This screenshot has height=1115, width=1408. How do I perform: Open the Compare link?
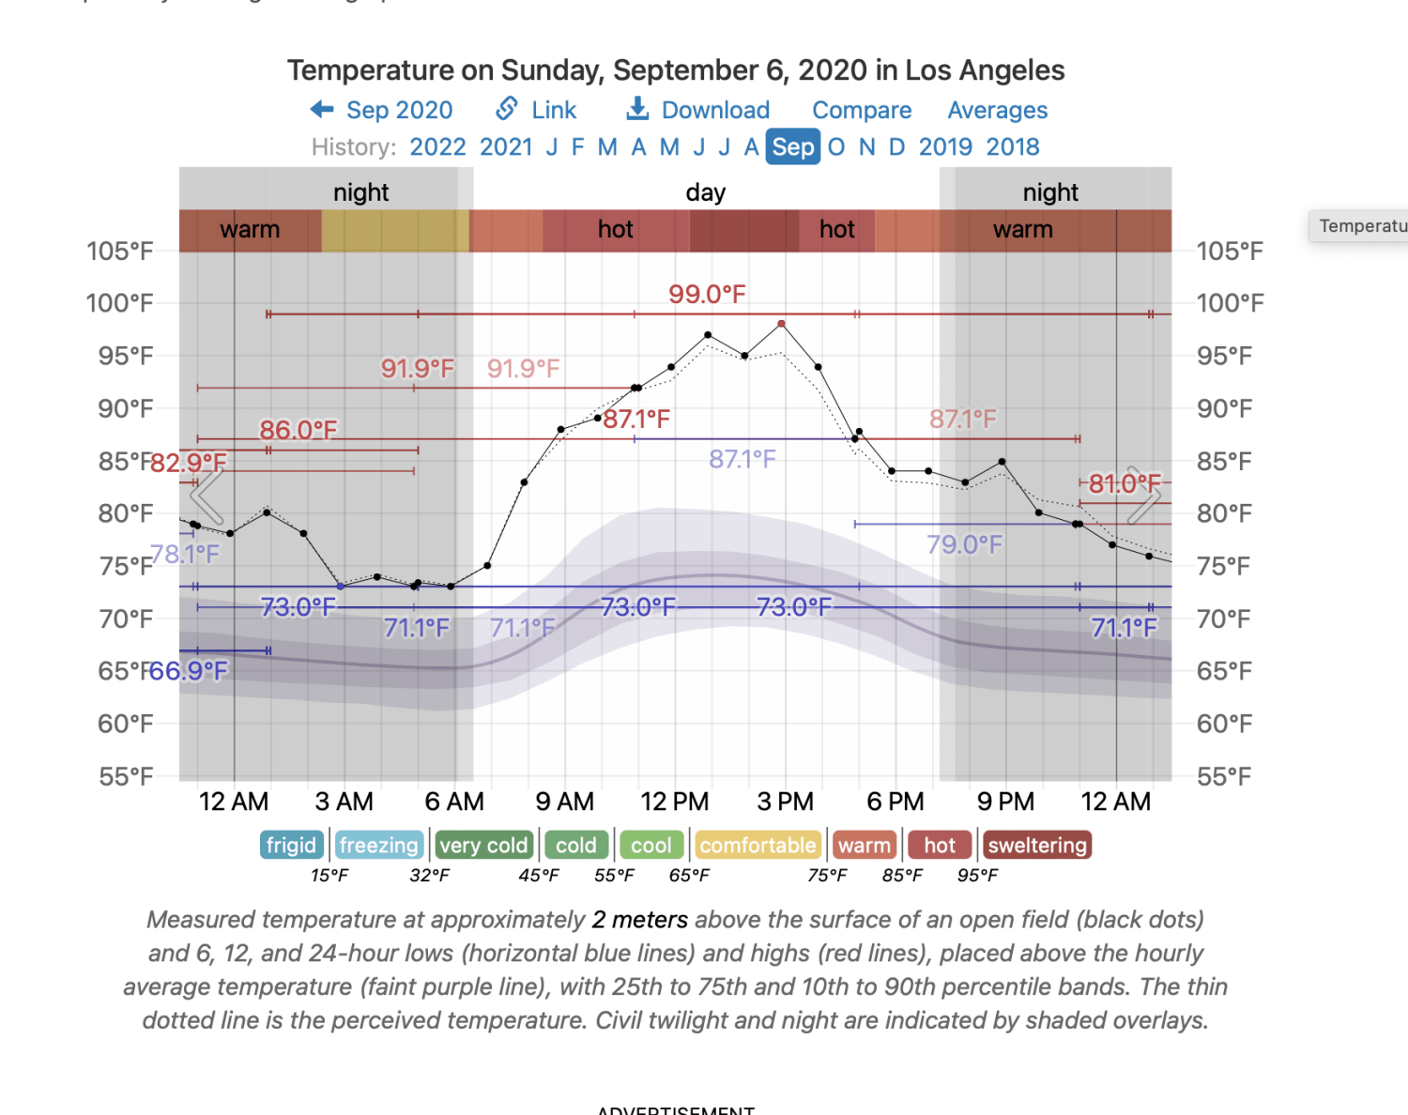pyautogui.click(x=862, y=111)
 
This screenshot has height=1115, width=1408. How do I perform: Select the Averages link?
pyautogui.click(x=997, y=111)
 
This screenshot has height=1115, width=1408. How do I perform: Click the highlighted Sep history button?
pyautogui.click(x=793, y=147)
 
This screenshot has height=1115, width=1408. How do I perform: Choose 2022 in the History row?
pyautogui.click(x=437, y=147)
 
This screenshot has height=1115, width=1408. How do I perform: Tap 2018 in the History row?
pyautogui.click(x=1013, y=147)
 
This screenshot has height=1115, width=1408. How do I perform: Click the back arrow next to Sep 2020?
pyautogui.click(x=322, y=110)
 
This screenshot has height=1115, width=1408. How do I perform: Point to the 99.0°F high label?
pyautogui.click(x=707, y=295)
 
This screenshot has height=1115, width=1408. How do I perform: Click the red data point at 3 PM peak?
pyautogui.click(x=781, y=324)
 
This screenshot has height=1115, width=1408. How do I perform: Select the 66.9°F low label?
pyautogui.click(x=189, y=671)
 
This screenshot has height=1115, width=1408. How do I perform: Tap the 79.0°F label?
pyautogui.click(x=964, y=544)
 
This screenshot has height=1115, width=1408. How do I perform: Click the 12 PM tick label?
pyautogui.click(x=674, y=802)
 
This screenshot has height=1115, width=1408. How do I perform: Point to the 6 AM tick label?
pyautogui.click(x=454, y=802)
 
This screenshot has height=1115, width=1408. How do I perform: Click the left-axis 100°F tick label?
pyautogui.click(x=119, y=303)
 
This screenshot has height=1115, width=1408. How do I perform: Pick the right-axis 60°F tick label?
pyautogui.click(x=1224, y=724)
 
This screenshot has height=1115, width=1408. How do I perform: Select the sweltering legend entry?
pyautogui.click(x=1037, y=846)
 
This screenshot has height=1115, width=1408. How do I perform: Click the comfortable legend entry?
pyautogui.click(x=758, y=846)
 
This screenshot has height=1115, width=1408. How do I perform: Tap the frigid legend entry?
pyautogui.click(x=291, y=846)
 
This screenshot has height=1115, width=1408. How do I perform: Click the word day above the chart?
pyautogui.click(x=706, y=192)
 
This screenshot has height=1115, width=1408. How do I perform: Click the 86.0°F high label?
pyautogui.click(x=298, y=430)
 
